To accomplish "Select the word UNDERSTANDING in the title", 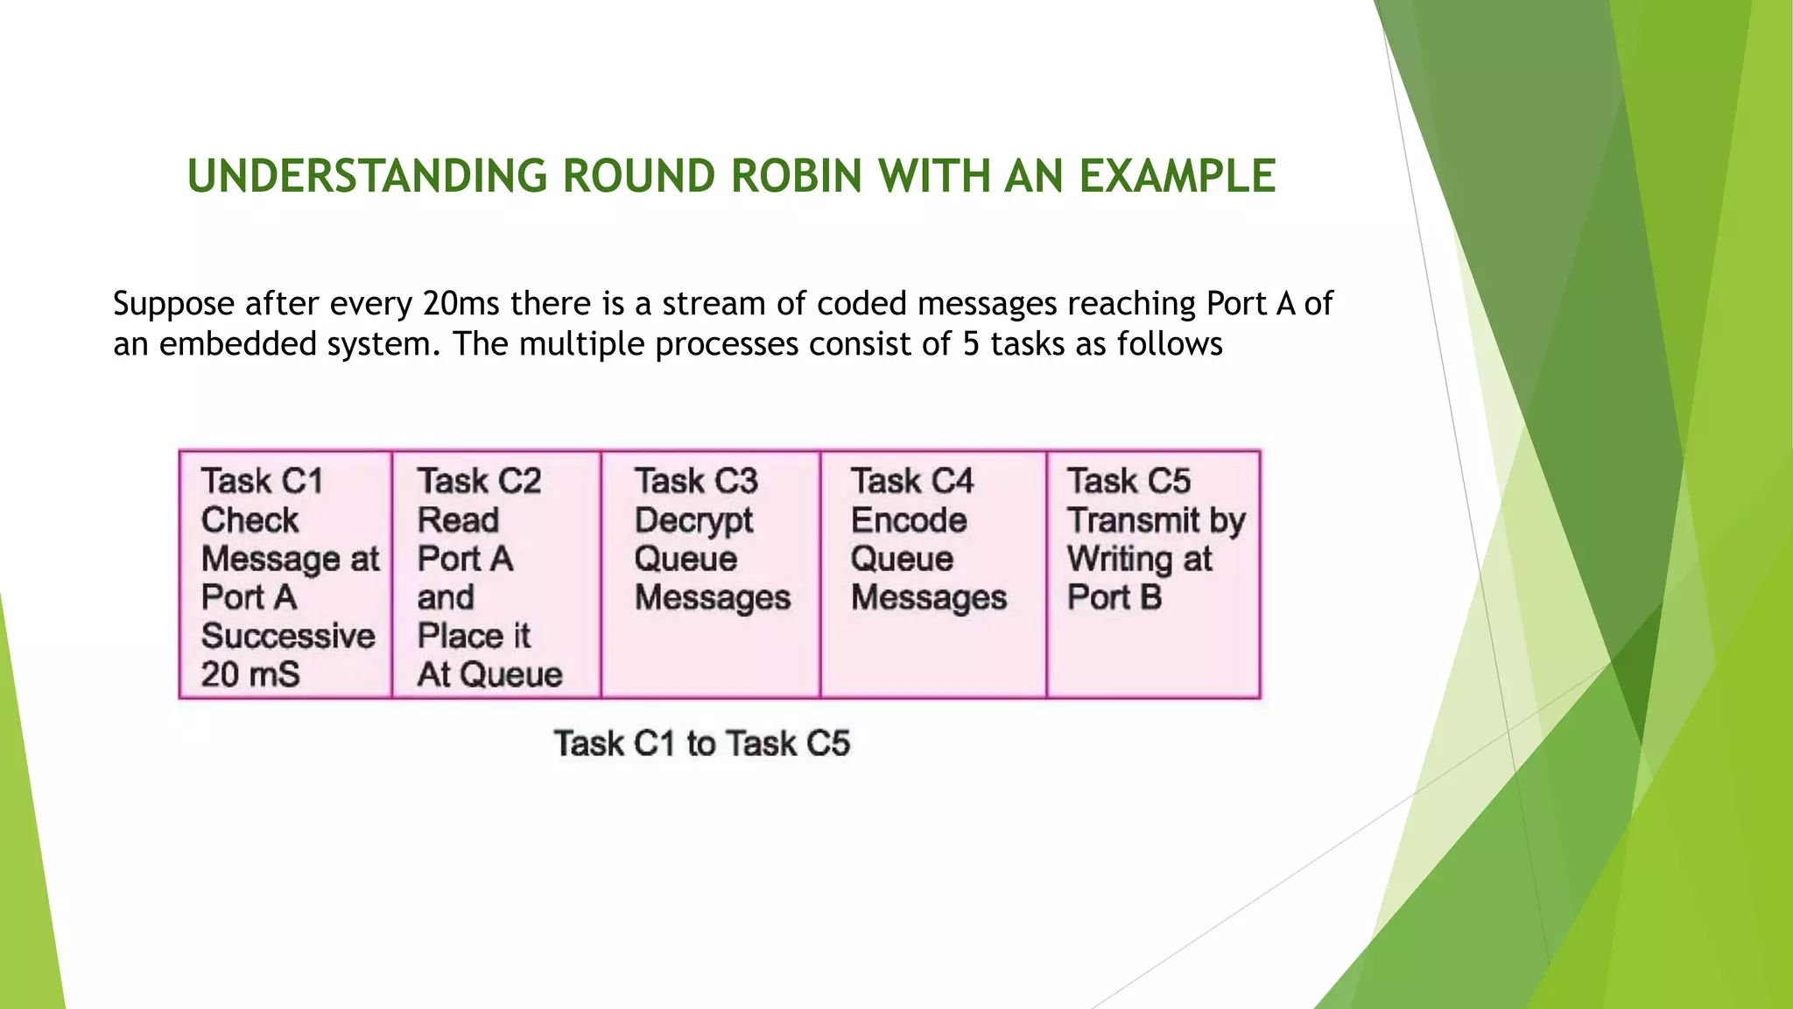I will tap(367, 176).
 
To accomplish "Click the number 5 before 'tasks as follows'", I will tap(971, 344).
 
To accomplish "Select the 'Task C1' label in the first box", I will tap(262, 481).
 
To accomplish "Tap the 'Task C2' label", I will tap(479, 481).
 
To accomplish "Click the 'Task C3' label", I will tap(696, 481).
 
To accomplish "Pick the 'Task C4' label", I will tap(911, 481).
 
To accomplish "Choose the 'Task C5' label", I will tap(1129, 481).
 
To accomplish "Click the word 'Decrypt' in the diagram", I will tap(693, 521).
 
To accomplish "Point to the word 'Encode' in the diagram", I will tap(909, 520).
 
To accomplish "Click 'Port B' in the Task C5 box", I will tap(1114, 597).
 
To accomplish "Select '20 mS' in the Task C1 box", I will tap(250, 674).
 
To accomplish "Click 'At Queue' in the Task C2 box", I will tap(489, 674).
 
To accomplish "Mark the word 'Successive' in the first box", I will tap(288, 636).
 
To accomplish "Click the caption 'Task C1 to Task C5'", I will tap(701, 744).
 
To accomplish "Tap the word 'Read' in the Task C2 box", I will tap(458, 520).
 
